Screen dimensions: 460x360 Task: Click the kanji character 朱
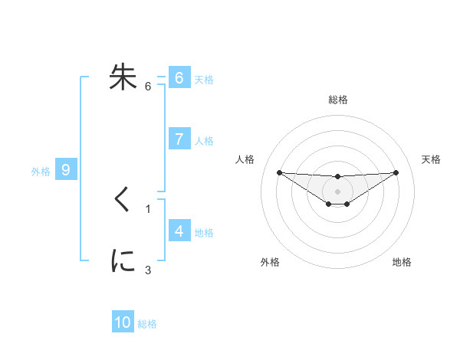(123, 77)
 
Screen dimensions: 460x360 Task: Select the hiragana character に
(123, 261)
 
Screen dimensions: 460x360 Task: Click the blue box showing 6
(179, 77)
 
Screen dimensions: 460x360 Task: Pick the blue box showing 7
(179, 139)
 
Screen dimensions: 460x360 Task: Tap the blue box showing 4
(179, 231)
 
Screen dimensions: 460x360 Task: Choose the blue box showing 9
(66, 170)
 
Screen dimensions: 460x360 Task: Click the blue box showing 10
(123, 322)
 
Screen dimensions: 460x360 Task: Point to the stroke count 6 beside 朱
(148, 87)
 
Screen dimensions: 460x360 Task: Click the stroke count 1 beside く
(148, 208)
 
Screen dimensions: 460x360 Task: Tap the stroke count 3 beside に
(148, 270)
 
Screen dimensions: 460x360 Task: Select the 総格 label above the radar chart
(338, 100)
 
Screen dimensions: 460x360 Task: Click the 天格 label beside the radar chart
(431, 159)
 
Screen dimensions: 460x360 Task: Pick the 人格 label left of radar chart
(245, 159)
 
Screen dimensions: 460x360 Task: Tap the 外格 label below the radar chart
(270, 263)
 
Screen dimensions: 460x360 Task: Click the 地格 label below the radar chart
(402, 263)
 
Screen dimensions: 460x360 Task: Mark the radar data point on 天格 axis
(396, 172)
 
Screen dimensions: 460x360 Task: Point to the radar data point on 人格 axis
(279, 172)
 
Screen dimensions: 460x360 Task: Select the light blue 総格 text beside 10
(147, 324)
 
